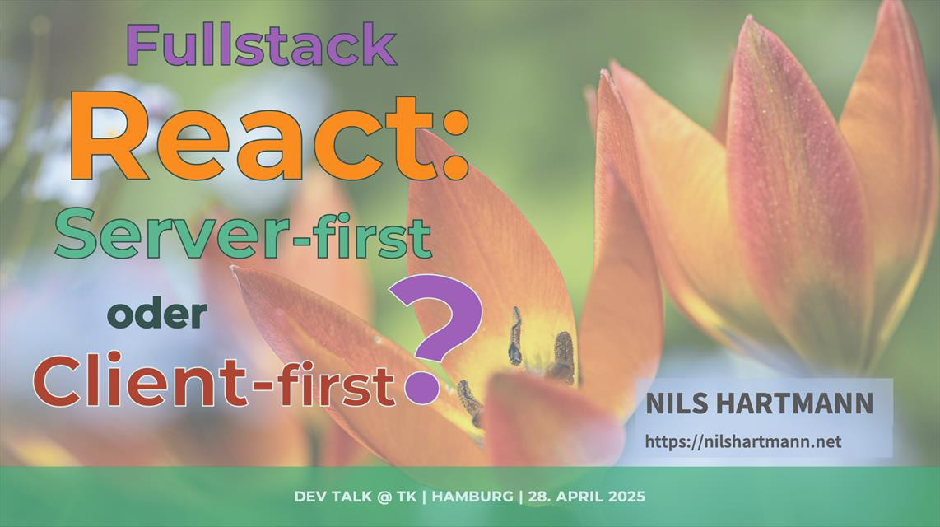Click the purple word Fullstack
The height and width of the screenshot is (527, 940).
262,45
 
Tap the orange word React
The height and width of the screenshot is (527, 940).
252,137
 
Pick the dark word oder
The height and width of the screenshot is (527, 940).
157,315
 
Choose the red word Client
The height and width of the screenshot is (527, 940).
139,381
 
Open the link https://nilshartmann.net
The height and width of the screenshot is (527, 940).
743,442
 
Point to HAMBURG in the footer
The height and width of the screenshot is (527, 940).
472,497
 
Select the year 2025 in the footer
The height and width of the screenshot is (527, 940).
627,497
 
